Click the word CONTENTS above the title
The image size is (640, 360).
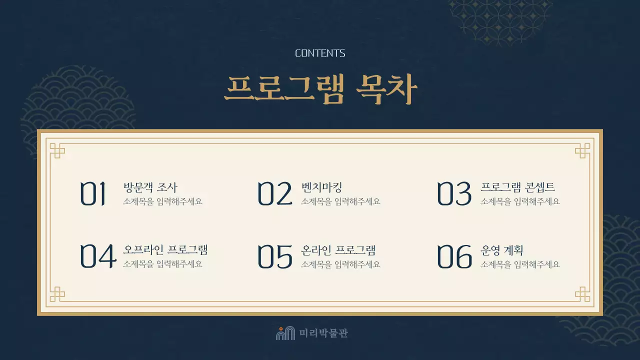pyautogui.click(x=320, y=53)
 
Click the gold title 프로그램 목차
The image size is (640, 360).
pyautogui.click(x=320, y=90)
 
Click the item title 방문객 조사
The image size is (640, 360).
pyautogui.click(x=150, y=187)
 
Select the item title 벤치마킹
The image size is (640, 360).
pyautogui.click(x=321, y=187)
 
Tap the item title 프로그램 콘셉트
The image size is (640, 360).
pyautogui.click(x=517, y=187)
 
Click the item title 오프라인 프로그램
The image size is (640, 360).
pyautogui.click(x=165, y=250)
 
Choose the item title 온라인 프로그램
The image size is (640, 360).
pyautogui.click(x=338, y=250)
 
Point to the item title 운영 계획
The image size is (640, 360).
pyautogui.click(x=501, y=250)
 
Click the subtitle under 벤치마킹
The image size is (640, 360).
pyautogui.click(x=340, y=201)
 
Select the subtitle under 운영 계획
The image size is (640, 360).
pyautogui.click(x=520, y=264)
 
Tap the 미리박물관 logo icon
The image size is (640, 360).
pyautogui.click(x=285, y=333)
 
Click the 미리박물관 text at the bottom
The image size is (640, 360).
pyautogui.click(x=323, y=333)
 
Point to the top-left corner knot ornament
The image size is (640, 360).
pyautogui.click(x=57, y=150)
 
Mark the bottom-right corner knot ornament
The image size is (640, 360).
pyautogui.click(x=582, y=294)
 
